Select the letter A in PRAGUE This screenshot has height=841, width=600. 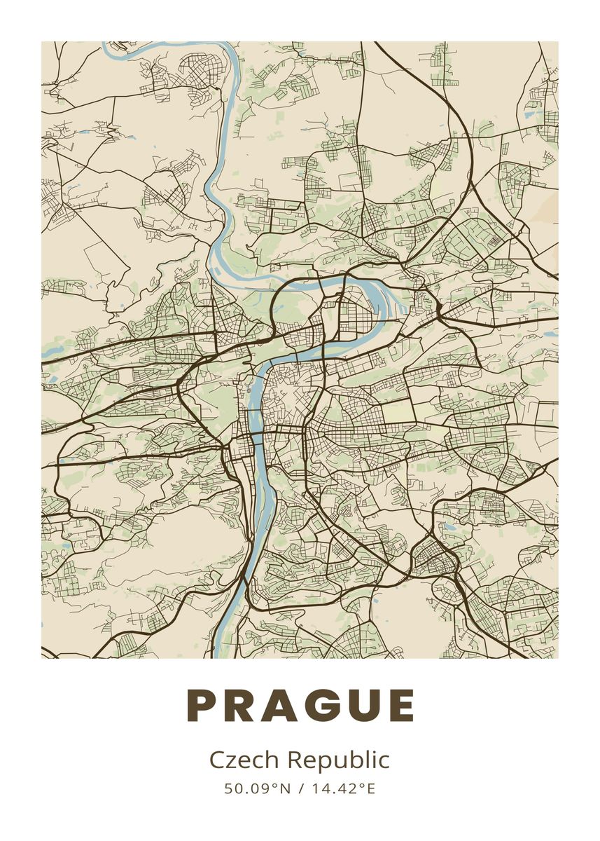click(x=281, y=706)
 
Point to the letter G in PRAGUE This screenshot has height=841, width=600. click(x=323, y=706)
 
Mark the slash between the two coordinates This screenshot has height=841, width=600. click(x=300, y=788)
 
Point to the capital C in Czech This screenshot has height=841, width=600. click(x=216, y=760)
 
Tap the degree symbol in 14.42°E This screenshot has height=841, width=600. click(x=363, y=785)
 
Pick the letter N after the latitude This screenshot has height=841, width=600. click(x=285, y=788)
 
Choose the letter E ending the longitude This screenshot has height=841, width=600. click(x=370, y=788)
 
